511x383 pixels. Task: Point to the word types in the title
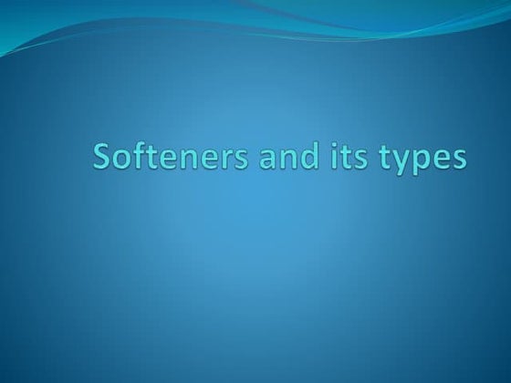click(423, 160)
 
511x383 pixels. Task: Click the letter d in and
click(308, 158)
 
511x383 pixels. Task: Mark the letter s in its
click(362, 160)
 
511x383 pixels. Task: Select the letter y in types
click(402, 163)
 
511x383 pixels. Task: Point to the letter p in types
click(422, 163)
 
